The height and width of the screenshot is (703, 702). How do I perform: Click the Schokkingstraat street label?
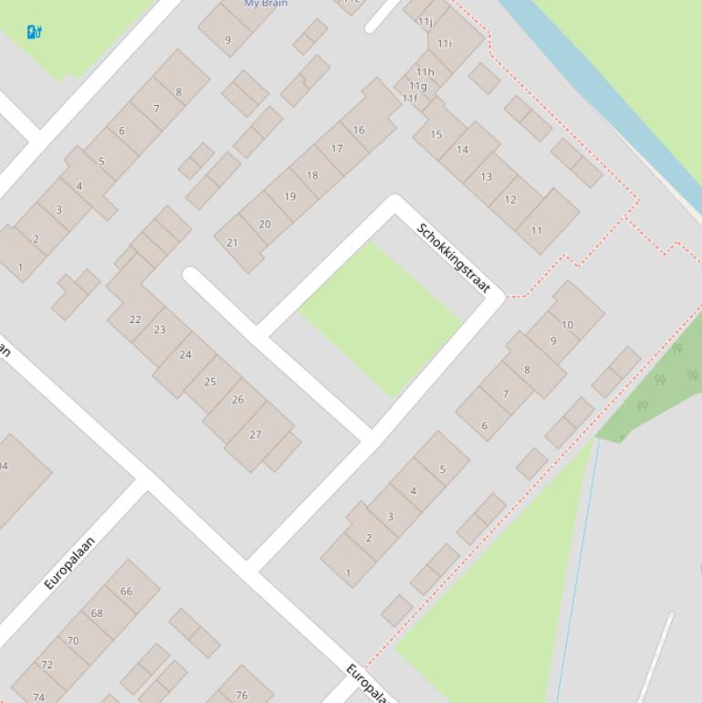[x=454, y=258]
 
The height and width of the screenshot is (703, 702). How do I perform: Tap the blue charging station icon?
[x=34, y=32]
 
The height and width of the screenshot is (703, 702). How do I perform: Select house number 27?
[x=255, y=435]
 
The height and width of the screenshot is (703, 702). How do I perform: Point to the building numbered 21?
[x=232, y=243]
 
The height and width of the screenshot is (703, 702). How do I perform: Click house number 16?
[x=359, y=130]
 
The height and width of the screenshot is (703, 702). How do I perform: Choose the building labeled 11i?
[x=445, y=43]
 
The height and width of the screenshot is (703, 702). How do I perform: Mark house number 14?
[x=462, y=150]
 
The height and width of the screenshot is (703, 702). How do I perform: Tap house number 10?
[x=568, y=324]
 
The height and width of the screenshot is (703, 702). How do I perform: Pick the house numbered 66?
[x=126, y=591]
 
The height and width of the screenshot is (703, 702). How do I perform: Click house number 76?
[x=242, y=695]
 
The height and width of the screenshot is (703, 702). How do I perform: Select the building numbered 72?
[x=47, y=665]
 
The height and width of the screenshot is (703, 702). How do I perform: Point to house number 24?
[x=185, y=354]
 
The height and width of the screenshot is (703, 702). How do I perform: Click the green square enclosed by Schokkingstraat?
[x=380, y=319]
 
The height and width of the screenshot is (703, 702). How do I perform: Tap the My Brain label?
[x=266, y=4]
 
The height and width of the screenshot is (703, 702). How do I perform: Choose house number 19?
[x=290, y=196]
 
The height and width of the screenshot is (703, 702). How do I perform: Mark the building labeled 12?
[x=510, y=199]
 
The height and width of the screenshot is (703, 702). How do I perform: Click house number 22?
[x=135, y=320]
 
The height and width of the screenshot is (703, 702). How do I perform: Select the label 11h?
[x=425, y=71]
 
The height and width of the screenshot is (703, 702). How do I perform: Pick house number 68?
[x=97, y=614]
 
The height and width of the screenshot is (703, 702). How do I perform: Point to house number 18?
[x=312, y=175]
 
